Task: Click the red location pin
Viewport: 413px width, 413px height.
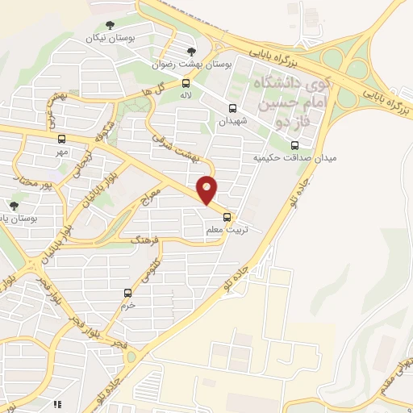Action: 208,190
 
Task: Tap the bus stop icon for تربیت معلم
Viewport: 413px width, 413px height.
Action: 227,217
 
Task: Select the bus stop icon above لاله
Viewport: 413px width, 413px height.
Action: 186,82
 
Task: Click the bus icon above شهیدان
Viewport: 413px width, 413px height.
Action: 233,109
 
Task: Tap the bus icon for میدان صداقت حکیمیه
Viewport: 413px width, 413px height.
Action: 294,144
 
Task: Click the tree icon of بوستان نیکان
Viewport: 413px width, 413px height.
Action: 111,26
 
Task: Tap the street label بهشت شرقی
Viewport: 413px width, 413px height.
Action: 172,150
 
